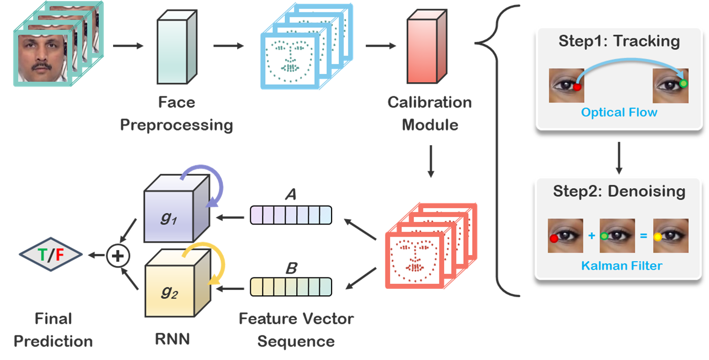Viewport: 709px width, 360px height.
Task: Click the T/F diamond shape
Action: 51,253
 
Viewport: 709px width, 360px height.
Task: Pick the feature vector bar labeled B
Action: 290,286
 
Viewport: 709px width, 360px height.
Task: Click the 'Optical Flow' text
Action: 619,113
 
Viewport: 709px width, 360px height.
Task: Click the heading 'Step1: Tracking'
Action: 619,42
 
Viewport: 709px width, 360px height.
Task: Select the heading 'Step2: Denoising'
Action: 619,191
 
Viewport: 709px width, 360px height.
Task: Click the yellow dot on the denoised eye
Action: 657,237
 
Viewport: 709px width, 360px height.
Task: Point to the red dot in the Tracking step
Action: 577,86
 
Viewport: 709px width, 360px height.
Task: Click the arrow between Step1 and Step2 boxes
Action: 618,157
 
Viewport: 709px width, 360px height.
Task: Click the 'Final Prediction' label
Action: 53,330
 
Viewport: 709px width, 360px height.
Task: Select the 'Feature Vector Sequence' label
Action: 296,330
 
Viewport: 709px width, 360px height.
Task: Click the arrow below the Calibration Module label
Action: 430,160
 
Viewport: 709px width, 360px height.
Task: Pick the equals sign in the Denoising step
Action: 643,237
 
